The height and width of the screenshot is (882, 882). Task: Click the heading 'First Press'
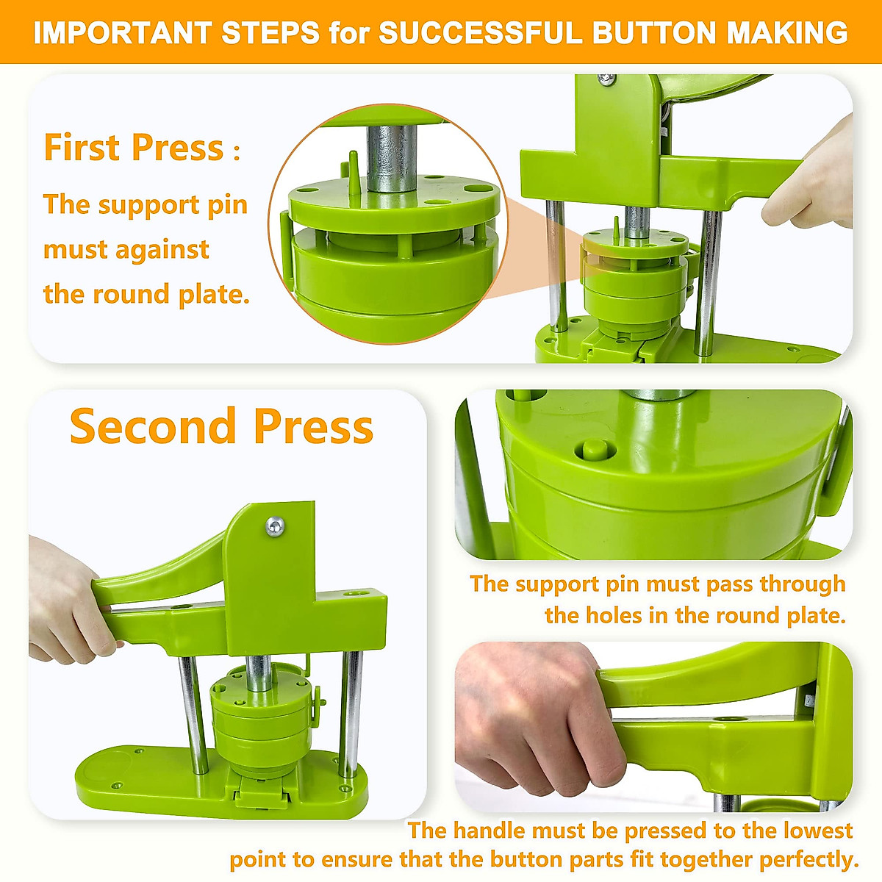[x=134, y=147]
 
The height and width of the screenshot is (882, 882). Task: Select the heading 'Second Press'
[x=221, y=426]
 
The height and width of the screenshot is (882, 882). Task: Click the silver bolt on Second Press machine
[x=276, y=526]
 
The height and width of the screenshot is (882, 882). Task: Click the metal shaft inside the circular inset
[x=389, y=157]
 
